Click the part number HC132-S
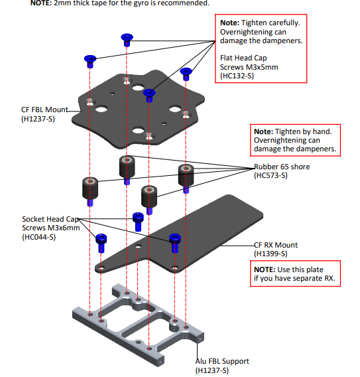[237, 76]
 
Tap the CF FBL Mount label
[44, 110]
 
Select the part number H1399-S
[270, 254]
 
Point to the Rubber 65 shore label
[282, 167]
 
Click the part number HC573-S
[270, 175]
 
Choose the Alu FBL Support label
[222, 361]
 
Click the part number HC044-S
[39, 238]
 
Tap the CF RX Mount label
[276, 245]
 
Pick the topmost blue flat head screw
[127, 40]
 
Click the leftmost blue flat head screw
[90, 61]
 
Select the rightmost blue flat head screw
[186, 74]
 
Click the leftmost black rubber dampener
[90, 188]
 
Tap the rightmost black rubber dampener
[186, 175]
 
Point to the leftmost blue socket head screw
[101, 243]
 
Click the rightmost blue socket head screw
[175, 243]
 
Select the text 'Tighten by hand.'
[304, 132]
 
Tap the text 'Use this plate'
[300, 269]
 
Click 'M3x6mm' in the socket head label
[64, 228]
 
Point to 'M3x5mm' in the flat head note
[262, 67]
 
